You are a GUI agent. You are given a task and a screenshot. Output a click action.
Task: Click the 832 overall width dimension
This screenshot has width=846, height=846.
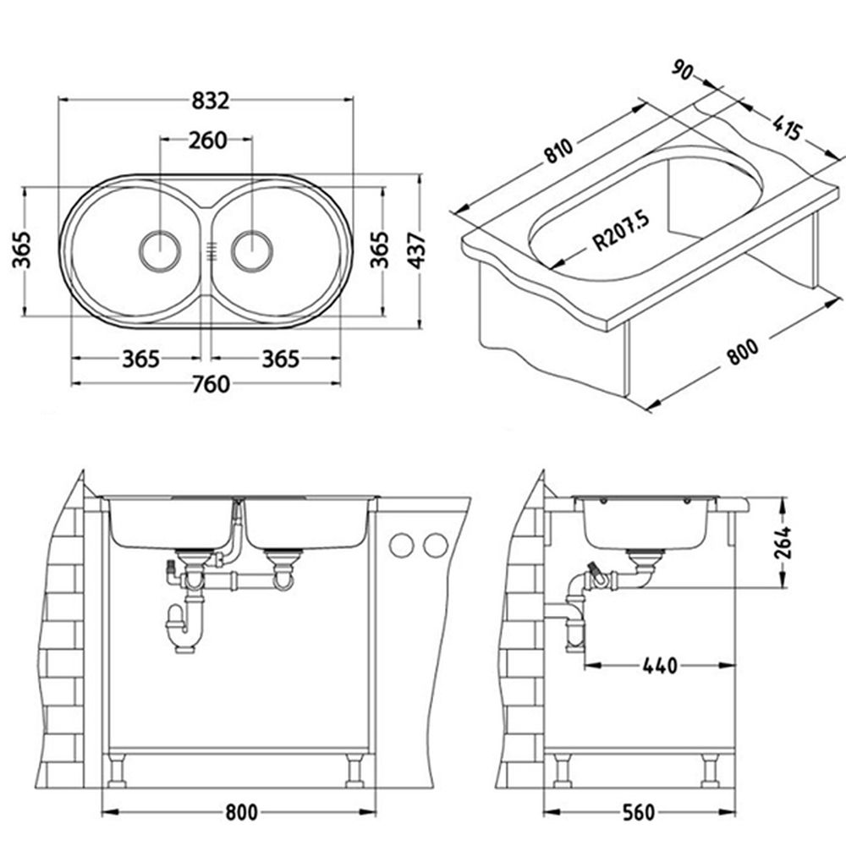pos(211,101)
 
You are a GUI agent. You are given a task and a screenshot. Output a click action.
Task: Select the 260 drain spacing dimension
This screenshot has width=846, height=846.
pos(208,140)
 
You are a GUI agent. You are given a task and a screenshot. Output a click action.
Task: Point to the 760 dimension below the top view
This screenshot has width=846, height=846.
pos(211,384)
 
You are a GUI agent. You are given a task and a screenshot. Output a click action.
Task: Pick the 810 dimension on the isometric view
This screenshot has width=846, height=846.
pos(558,151)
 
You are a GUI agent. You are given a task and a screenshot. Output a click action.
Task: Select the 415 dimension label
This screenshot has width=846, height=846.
pos(787,128)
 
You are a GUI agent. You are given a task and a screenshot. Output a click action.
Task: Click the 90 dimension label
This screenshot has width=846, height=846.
pos(684,70)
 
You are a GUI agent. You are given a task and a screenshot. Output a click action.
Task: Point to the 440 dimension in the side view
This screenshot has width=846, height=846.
pos(660,666)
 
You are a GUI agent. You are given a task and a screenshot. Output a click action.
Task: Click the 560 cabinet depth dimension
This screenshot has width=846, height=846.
pos(638,812)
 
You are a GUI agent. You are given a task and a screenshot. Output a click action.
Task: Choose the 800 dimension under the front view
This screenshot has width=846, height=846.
pos(241,812)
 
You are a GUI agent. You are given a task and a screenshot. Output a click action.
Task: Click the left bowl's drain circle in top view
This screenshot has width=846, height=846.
pos(160,251)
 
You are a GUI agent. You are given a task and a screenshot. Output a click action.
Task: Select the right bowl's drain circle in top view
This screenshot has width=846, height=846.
pos(252,251)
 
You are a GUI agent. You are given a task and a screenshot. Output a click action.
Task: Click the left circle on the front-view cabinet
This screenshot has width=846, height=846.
pos(401,546)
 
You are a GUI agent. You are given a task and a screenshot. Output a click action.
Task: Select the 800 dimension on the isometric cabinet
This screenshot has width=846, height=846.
pos(743,352)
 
